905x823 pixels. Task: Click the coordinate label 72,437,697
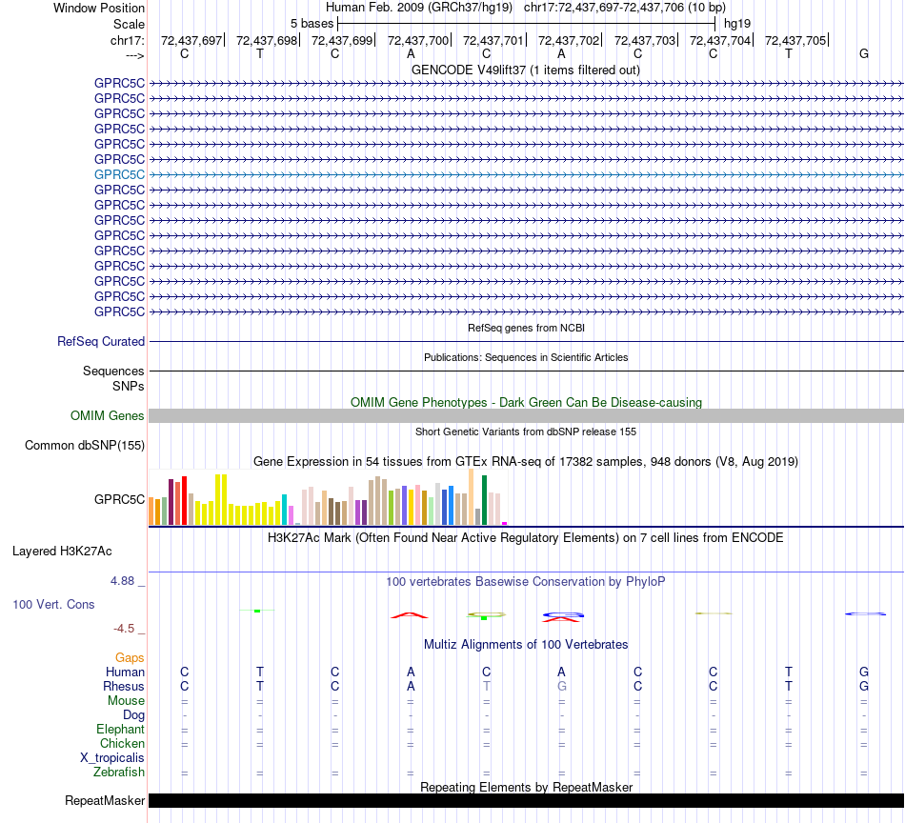pyautogui.click(x=191, y=40)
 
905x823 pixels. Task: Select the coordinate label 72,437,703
pyautogui.click(x=645, y=40)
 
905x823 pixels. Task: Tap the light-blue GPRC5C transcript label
pyautogui.click(x=119, y=174)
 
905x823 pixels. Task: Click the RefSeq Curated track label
pyautogui.click(x=101, y=341)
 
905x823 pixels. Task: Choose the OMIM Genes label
pyautogui.click(x=108, y=415)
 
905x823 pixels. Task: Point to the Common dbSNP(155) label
pyautogui.click(x=85, y=445)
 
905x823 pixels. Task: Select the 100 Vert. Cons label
pyautogui.click(x=53, y=604)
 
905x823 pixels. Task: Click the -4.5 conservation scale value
pyautogui.click(x=126, y=629)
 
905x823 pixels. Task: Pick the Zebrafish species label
pyautogui.click(x=120, y=773)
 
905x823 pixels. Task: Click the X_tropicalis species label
pyautogui.click(x=112, y=758)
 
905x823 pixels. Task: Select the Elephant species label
pyautogui.click(x=120, y=730)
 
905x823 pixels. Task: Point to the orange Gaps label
pyautogui.click(x=130, y=657)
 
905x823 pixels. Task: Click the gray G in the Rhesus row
pyautogui.click(x=562, y=686)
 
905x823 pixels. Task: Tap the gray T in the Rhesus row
pyautogui.click(x=487, y=686)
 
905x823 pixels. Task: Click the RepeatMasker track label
pyautogui.click(x=105, y=801)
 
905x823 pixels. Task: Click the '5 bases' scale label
pyautogui.click(x=312, y=23)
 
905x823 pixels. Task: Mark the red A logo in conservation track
pyautogui.click(x=410, y=615)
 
